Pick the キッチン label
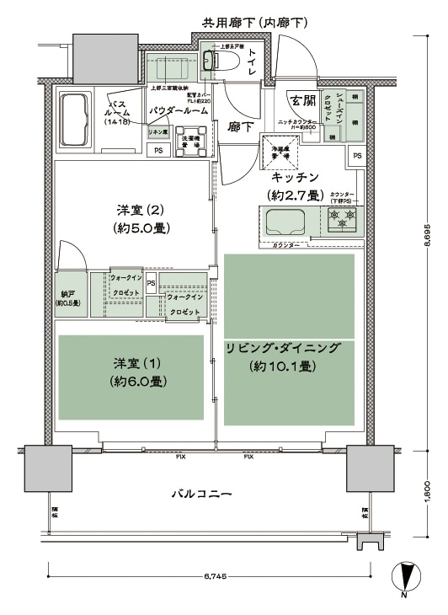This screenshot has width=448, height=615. [x=294, y=177]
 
